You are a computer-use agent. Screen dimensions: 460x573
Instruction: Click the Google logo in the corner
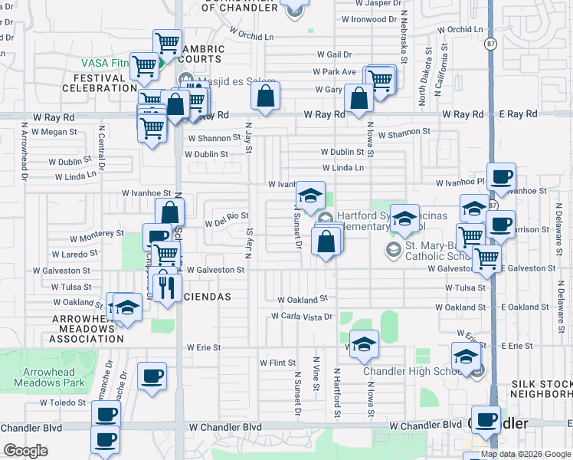(25, 450)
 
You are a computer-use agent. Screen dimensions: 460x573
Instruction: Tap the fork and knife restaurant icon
(166, 285)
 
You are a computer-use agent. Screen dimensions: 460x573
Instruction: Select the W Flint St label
(277, 363)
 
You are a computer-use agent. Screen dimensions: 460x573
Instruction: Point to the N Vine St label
(316, 373)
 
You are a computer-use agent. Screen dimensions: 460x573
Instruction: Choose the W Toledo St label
(63, 402)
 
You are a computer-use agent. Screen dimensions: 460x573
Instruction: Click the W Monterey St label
(97, 233)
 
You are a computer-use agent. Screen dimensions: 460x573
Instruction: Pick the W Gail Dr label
(335, 54)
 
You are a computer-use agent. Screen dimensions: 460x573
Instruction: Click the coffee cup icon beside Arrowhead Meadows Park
(152, 376)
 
